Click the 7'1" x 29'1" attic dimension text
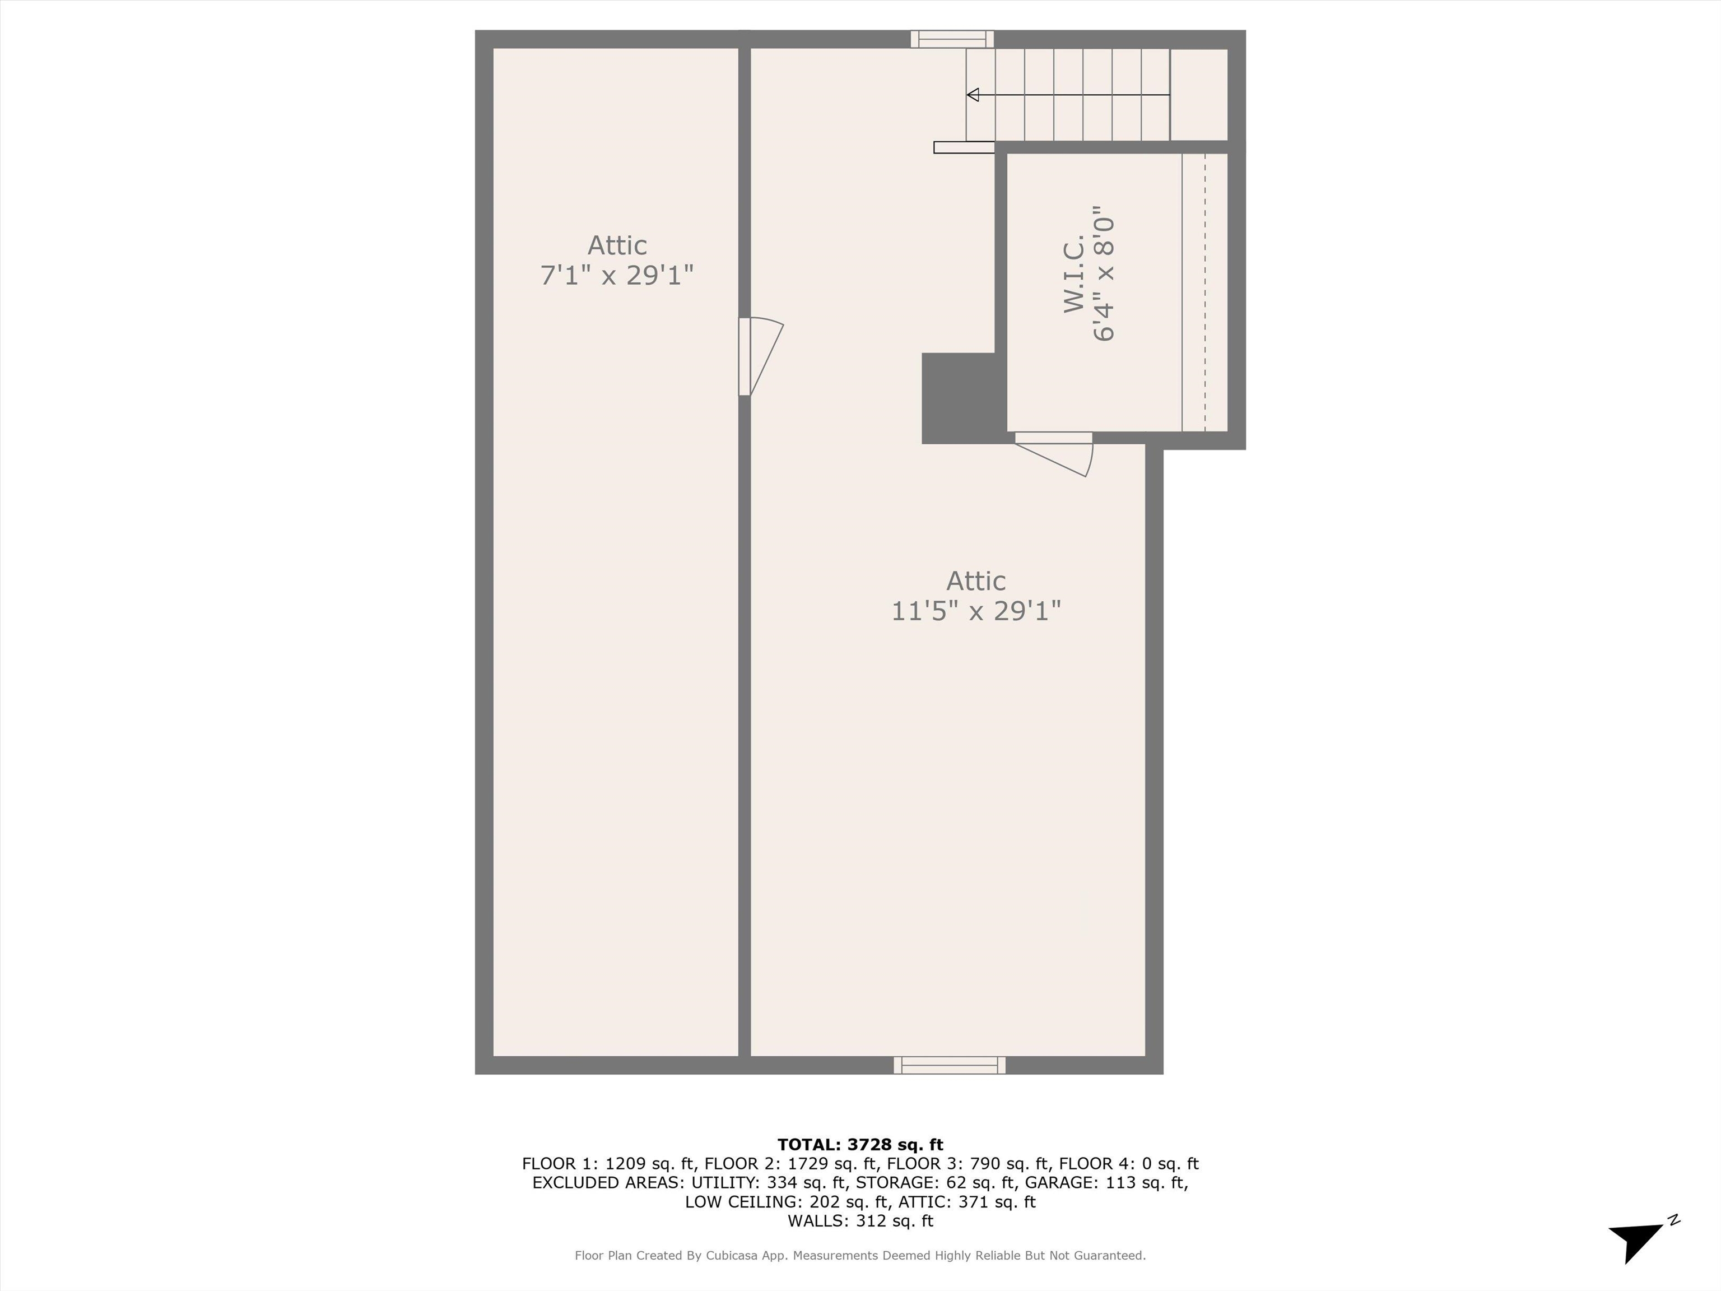[617, 275]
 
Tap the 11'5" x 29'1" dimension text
[976, 611]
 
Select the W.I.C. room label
[1075, 274]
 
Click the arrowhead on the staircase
[973, 95]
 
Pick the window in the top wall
[952, 39]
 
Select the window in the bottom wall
[949, 1065]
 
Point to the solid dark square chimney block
[959, 398]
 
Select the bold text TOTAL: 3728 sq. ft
[860, 1145]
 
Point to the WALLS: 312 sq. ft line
[860, 1221]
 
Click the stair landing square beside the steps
[1199, 95]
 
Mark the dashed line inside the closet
[1205, 292]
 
